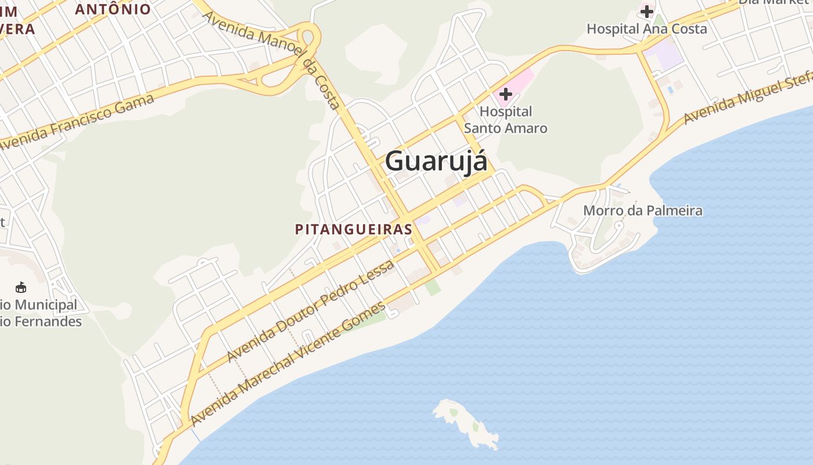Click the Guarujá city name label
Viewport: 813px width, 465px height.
pyautogui.click(x=436, y=161)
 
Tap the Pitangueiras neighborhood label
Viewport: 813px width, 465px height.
pyautogui.click(x=354, y=230)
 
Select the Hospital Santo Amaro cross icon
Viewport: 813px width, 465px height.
pyautogui.click(x=505, y=94)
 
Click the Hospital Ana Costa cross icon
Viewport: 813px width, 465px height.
pyautogui.click(x=647, y=12)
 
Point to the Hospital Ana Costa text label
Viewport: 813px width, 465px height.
pyautogui.click(x=647, y=29)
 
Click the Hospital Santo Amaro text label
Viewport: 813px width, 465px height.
pyautogui.click(x=506, y=120)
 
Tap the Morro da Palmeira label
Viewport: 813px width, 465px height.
pyautogui.click(x=643, y=210)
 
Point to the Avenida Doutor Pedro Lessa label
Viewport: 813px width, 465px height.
pyautogui.click(x=311, y=310)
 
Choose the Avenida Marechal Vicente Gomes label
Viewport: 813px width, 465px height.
pyautogui.click(x=288, y=363)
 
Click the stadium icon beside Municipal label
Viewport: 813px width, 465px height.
pyautogui.click(x=21, y=287)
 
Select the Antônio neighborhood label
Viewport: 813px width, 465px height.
pyautogui.click(x=113, y=9)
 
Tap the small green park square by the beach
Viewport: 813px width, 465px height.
pyautogui.click(x=432, y=287)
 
